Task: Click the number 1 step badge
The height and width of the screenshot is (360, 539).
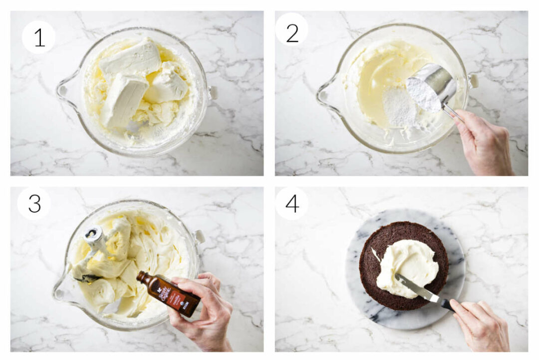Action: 38,37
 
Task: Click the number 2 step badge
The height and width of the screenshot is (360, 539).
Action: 291,33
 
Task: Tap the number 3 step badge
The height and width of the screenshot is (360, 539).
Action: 34,204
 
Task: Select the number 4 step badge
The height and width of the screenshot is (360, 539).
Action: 291,204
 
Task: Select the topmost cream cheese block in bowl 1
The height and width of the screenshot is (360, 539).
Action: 131,58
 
